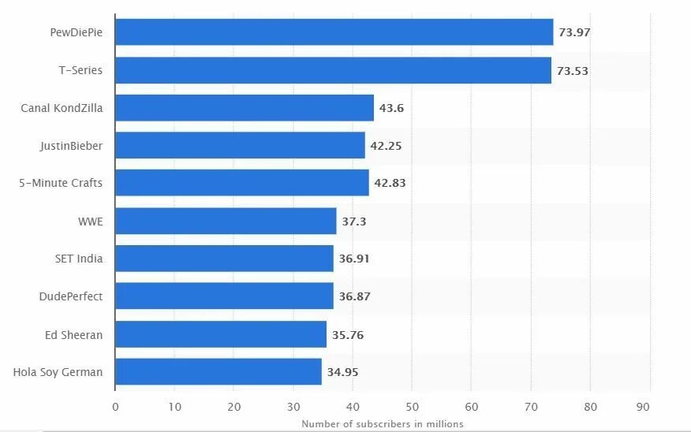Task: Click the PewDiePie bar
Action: tap(334, 32)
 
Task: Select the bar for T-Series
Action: tap(333, 70)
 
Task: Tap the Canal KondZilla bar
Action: tap(245, 108)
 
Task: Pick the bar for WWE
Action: tap(226, 222)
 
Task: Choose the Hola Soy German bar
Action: tap(219, 371)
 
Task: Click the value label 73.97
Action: tap(574, 32)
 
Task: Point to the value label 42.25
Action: tap(387, 146)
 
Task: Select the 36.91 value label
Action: tap(355, 259)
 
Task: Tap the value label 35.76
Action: tap(348, 334)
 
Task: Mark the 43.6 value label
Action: tap(391, 108)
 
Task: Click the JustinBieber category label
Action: tap(71, 146)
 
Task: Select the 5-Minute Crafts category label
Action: tap(61, 183)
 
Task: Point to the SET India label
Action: tap(79, 259)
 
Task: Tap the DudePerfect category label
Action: tap(71, 296)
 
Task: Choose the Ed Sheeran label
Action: tap(73, 334)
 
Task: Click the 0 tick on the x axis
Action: tap(115, 407)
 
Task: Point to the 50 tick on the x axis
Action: tap(412, 407)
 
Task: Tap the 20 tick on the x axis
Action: tap(233, 407)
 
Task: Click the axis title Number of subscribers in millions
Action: tap(382, 424)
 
